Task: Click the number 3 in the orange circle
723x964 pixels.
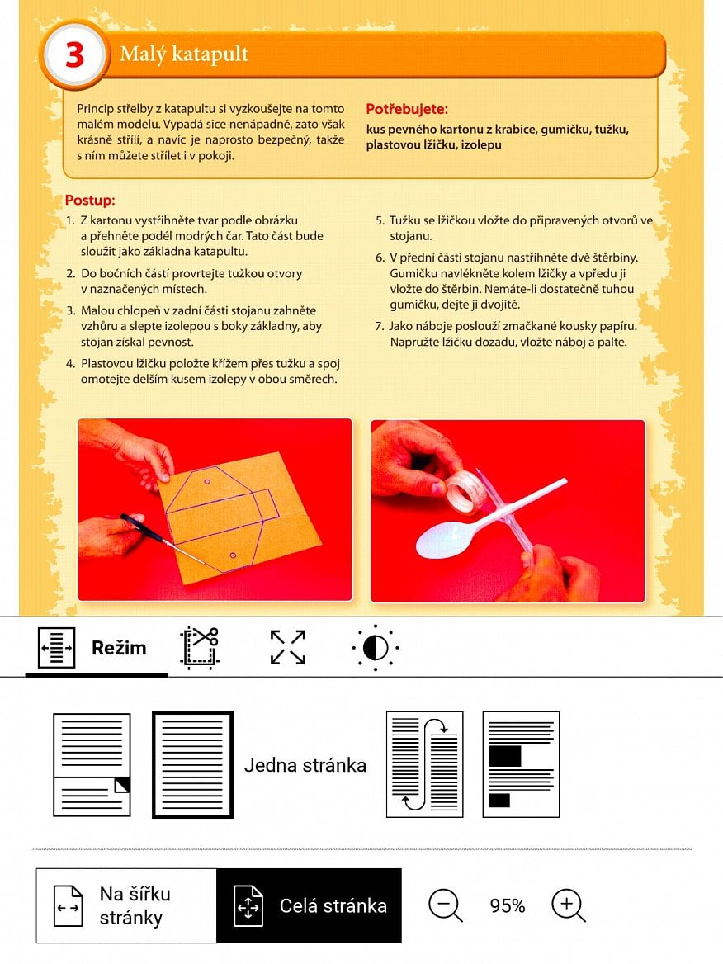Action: [74, 55]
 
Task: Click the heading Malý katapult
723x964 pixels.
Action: [183, 54]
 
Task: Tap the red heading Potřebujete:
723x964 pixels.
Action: [406, 109]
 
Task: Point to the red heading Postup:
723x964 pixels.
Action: [90, 201]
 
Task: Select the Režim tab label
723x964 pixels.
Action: [119, 648]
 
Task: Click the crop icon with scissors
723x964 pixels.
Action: [199, 647]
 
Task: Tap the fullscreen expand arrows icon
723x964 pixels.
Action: [287, 647]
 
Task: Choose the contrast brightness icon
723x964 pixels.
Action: [375, 648]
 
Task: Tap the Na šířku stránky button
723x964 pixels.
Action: [126, 905]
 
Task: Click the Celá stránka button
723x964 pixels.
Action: [309, 905]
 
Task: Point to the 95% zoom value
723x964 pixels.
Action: [507, 906]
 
